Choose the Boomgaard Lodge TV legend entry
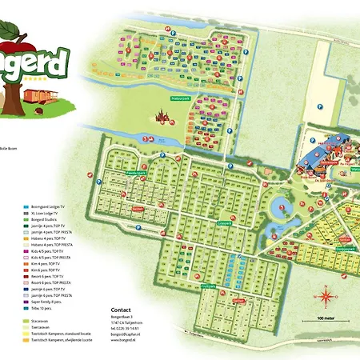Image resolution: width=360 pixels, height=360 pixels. click(48, 206)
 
